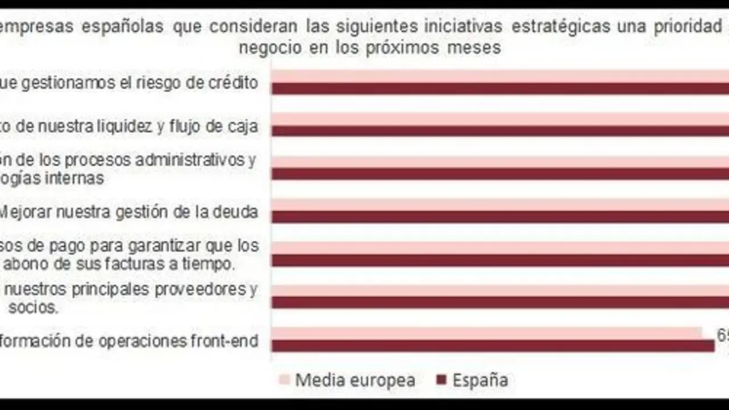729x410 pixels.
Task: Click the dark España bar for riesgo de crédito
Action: [500, 88]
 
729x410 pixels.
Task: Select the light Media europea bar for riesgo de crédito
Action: [500, 76]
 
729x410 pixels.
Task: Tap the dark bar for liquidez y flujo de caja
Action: [500, 131]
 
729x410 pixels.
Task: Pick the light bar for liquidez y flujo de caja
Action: [500, 118]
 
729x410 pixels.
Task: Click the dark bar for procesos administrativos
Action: [500, 174]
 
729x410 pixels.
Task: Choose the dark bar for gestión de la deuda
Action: [500, 216]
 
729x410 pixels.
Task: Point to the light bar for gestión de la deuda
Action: [500, 204]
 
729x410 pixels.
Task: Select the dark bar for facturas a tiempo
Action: [500, 260]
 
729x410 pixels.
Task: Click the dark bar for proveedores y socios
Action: [500, 302]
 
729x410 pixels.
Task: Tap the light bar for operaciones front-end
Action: [487, 333]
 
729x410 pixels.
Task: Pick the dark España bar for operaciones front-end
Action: [493, 346]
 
